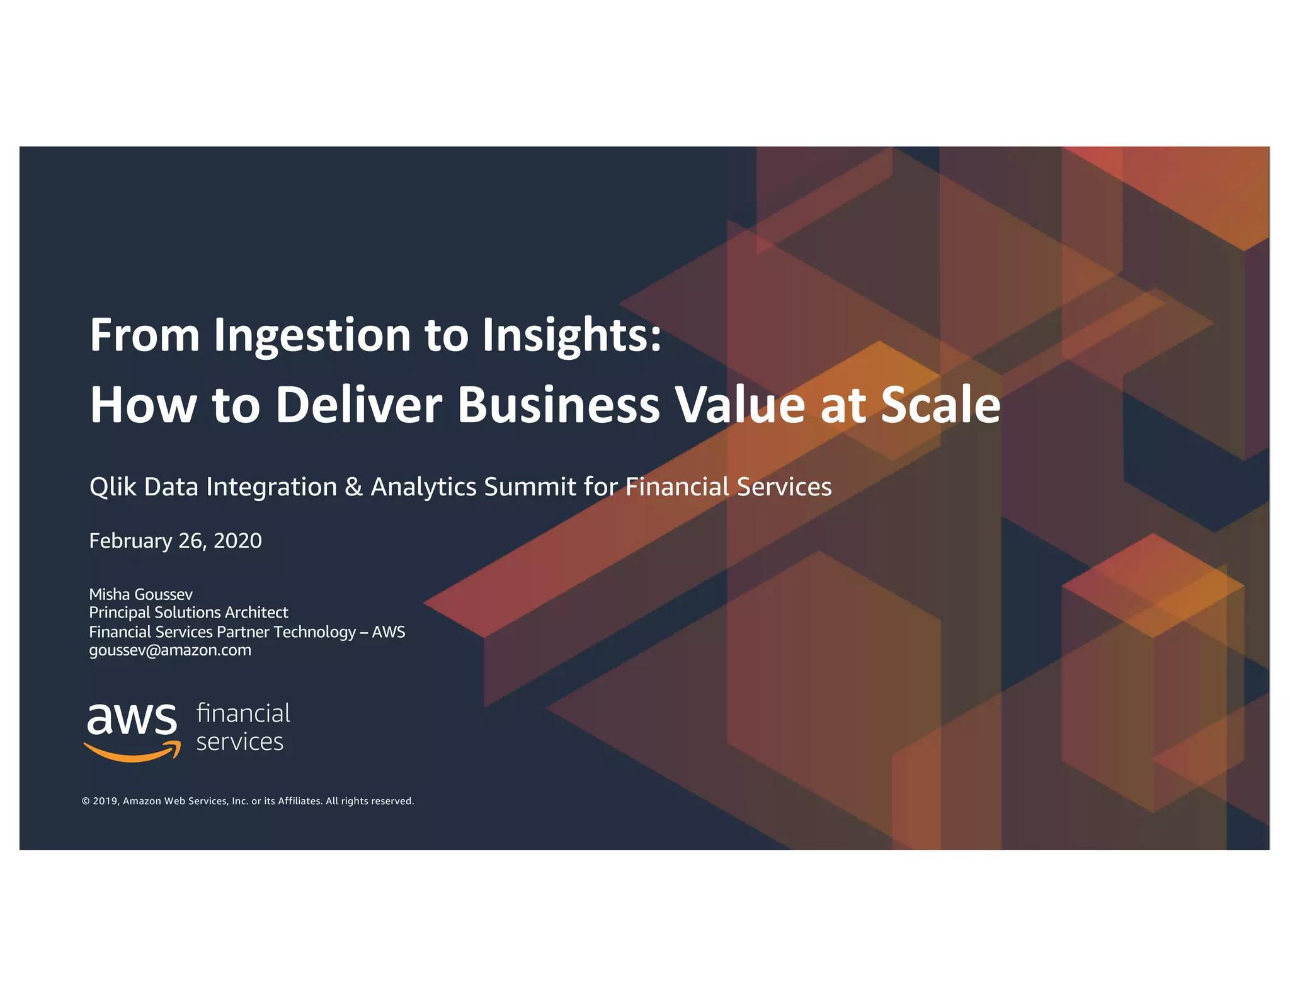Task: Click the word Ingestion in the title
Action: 312,336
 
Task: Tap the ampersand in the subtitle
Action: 353,487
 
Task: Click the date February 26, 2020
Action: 175,541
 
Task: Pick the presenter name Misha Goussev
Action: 140,594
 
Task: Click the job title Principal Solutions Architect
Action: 188,613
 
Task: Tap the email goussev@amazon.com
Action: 170,650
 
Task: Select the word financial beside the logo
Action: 243,713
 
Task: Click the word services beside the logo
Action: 239,742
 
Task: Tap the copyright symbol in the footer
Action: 86,801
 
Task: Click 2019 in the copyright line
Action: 105,801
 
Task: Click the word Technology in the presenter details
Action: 315,631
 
